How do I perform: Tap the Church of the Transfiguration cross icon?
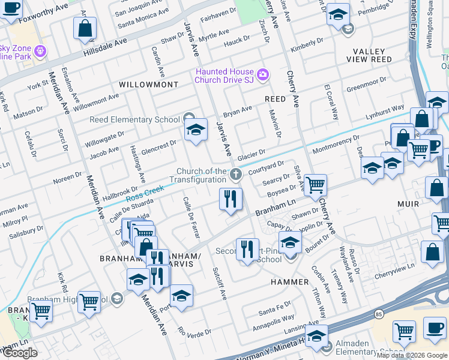pyautogui.click(x=235, y=175)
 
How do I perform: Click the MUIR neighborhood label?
pyautogui.click(x=408, y=204)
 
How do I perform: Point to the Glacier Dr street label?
pyautogui.click(x=251, y=155)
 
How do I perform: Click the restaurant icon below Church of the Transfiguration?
pyautogui.click(x=231, y=199)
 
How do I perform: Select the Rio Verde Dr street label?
pyautogui.click(x=194, y=331)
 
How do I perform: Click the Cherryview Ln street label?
pyautogui.click(x=394, y=266)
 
